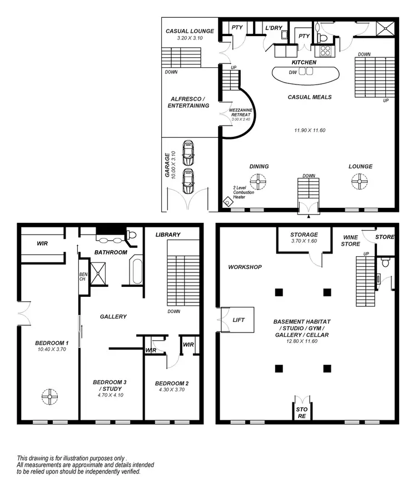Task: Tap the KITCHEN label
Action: tap(304, 62)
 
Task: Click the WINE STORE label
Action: tap(350, 240)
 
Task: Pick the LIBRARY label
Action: tap(168, 235)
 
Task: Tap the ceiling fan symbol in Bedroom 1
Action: tap(49, 396)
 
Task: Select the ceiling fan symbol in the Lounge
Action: tap(360, 181)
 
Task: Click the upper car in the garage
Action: tap(188, 151)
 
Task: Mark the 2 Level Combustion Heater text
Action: tap(244, 192)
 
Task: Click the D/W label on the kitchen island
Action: tap(292, 72)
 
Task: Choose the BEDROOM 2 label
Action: tap(172, 383)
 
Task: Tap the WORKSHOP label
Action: tap(245, 267)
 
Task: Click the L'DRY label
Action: tap(274, 27)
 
